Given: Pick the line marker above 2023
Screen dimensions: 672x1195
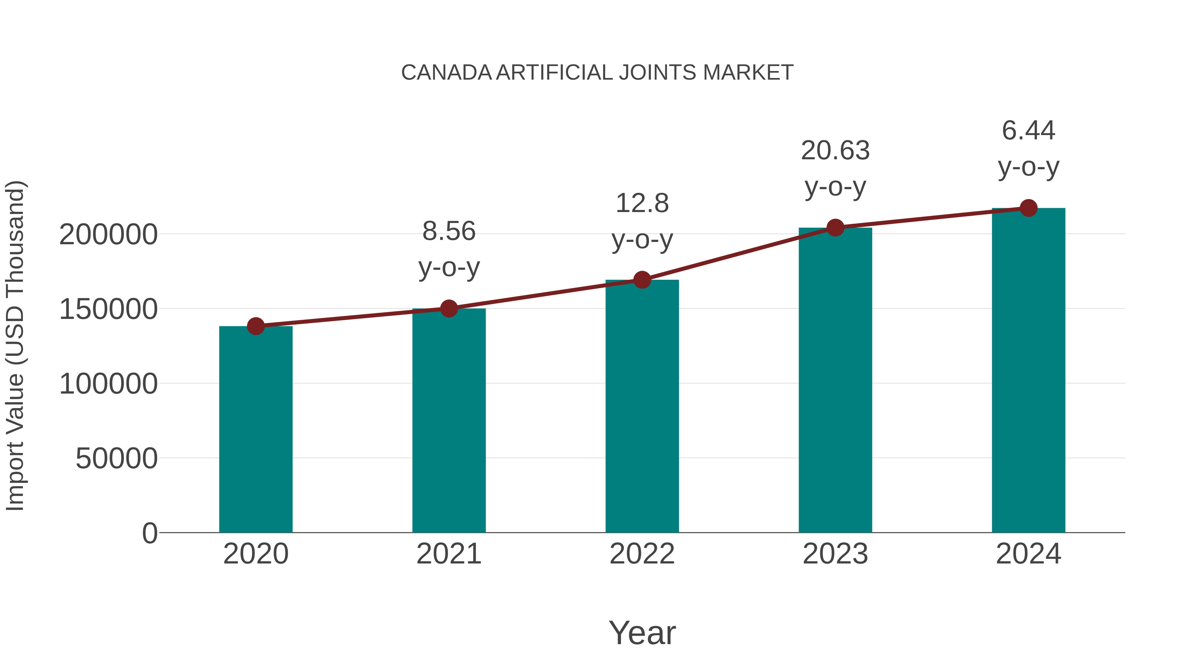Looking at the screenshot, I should tap(835, 228).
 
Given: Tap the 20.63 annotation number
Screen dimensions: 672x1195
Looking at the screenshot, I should tap(835, 151).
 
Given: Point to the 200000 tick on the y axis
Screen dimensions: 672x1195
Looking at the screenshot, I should tap(108, 234).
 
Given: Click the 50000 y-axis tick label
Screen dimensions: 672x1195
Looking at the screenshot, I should tap(117, 459).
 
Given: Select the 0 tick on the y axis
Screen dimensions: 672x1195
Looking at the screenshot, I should tap(149, 533).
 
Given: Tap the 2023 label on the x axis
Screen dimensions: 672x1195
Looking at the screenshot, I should tap(835, 554).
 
